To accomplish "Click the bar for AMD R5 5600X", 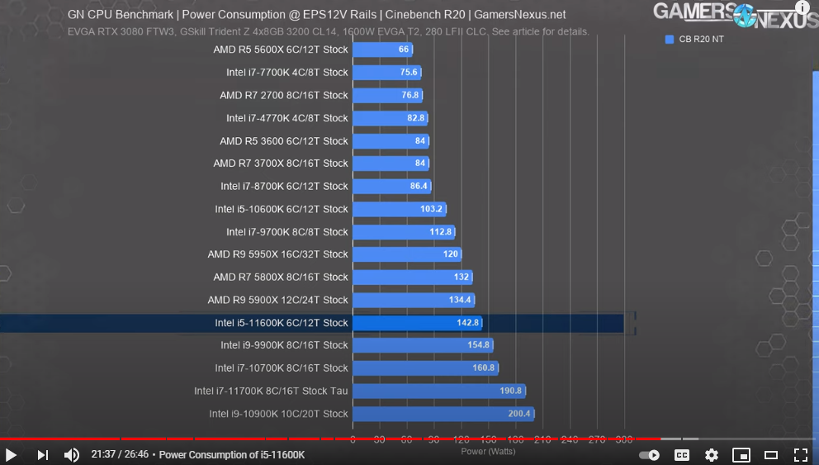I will tap(381, 50).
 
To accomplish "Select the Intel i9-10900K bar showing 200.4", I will tap(443, 414).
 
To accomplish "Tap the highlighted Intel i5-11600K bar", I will tap(417, 323).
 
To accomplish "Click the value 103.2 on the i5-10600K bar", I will tap(432, 209).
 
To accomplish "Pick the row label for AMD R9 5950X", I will tap(277, 254).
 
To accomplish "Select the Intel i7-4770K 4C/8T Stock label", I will tap(287, 118).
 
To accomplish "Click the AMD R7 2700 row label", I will tap(284, 95).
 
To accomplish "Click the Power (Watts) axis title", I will tap(488, 451).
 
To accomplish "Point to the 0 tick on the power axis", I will tap(353, 439).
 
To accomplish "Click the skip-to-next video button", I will tap(43, 455).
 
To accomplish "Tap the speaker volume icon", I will tap(72, 455).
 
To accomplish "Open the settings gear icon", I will tap(712, 455).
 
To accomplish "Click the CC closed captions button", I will tap(682, 455).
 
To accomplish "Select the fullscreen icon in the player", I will tap(800, 455).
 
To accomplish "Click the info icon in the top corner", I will tap(802, 7).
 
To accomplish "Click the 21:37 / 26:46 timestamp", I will tap(119, 455).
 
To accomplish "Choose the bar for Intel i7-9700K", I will tap(404, 232).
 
